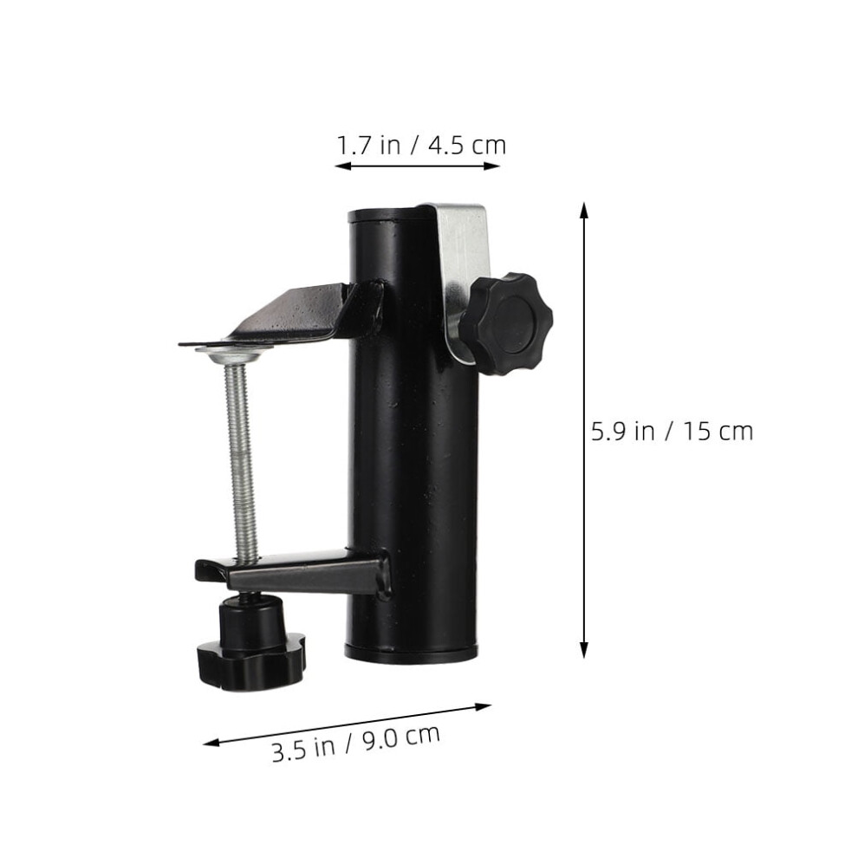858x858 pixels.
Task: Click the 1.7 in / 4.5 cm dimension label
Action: [x=421, y=146]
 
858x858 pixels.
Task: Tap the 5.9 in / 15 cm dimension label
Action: [x=672, y=432]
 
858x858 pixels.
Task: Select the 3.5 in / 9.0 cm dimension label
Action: [x=356, y=743]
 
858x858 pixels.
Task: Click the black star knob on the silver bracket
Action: [x=505, y=323]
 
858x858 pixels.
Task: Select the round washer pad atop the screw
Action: [x=234, y=352]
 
